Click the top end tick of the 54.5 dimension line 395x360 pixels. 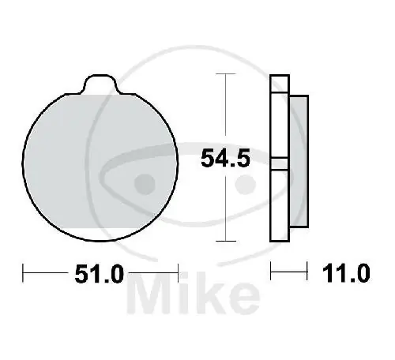(x=227, y=75)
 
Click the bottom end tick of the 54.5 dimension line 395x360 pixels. (x=227, y=240)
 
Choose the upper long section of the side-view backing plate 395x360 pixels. (x=277, y=122)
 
